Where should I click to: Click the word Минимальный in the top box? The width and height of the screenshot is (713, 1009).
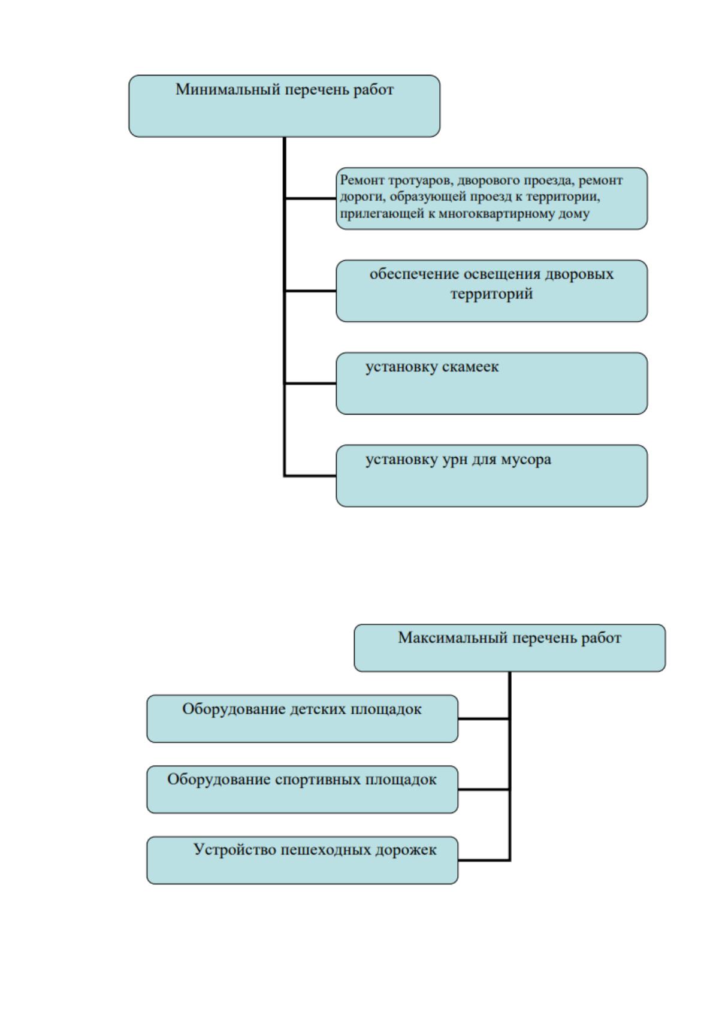pos(228,89)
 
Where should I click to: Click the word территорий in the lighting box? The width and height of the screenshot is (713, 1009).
pos(491,294)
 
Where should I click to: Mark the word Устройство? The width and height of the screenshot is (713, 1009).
pos(235,850)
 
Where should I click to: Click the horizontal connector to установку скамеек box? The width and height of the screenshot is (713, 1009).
pos(310,383)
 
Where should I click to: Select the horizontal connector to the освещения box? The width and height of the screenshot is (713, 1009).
pos(310,291)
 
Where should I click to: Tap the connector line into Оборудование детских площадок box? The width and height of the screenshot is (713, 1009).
pos(484,719)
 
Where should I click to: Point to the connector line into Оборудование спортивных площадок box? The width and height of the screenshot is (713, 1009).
pos(484,789)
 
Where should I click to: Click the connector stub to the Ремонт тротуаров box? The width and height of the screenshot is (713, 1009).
pos(310,198)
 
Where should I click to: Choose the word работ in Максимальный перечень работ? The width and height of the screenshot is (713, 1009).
pos(602,638)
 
